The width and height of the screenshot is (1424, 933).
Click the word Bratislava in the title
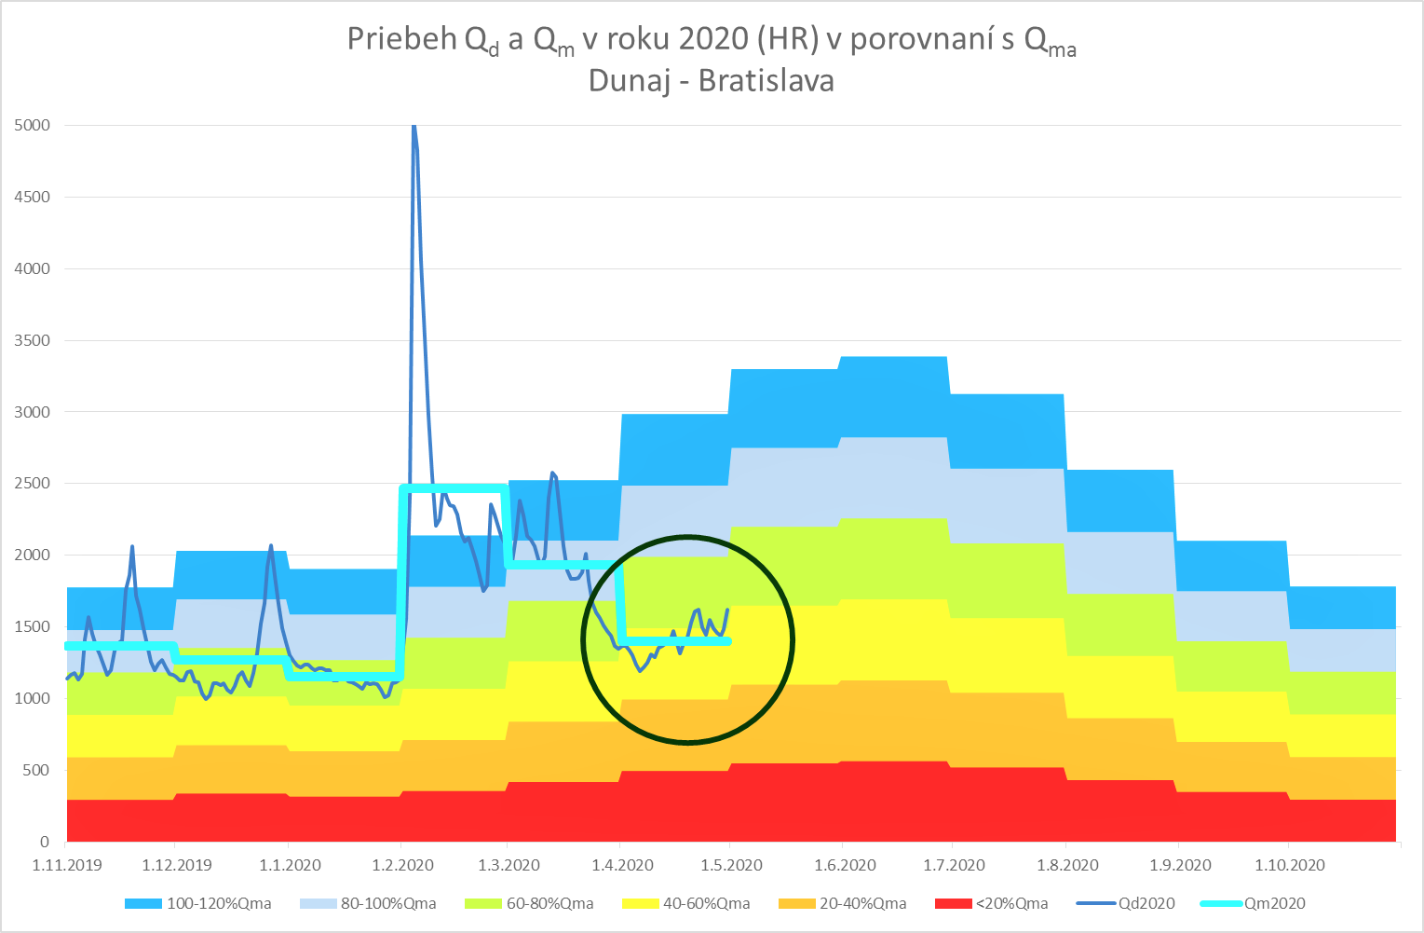point(766,81)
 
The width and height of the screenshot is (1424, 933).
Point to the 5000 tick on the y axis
point(32,125)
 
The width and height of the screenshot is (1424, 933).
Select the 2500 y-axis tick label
point(32,484)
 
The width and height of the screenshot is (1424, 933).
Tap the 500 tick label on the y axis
point(36,770)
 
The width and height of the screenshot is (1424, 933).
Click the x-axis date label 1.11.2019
point(67,865)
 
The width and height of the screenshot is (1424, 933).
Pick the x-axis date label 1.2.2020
point(402,865)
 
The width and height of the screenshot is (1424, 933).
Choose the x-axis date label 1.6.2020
point(845,865)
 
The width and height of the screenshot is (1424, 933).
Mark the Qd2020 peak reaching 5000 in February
point(414,128)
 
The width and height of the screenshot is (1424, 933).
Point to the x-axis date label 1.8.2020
point(1067,865)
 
